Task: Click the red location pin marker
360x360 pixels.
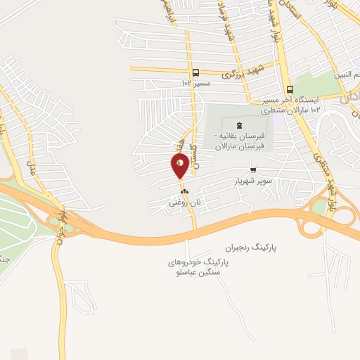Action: (x=180, y=165)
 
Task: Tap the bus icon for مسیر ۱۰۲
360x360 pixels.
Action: (x=195, y=72)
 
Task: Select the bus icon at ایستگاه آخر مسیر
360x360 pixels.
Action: (x=290, y=89)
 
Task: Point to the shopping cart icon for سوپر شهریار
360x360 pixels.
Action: (x=253, y=169)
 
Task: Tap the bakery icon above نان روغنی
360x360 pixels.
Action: (x=184, y=191)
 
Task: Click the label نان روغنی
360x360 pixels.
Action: (x=184, y=202)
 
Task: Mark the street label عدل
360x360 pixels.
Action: (x=30, y=167)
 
